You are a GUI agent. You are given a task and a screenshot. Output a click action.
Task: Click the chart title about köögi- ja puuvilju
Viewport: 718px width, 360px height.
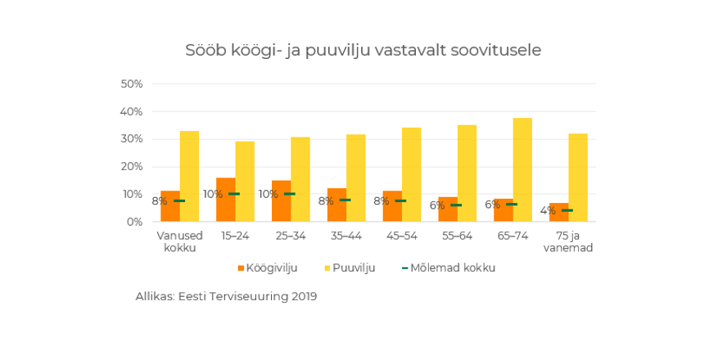(x=363, y=51)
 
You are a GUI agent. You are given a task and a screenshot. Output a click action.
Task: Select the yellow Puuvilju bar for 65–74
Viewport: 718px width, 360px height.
(x=522, y=169)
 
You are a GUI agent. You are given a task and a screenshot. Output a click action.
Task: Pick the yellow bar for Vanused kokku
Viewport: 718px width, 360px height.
(x=189, y=176)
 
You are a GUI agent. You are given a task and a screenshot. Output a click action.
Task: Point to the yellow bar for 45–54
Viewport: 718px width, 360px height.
(x=411, y=174)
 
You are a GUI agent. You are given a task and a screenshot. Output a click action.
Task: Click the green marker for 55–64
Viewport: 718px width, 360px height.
(x=456, y=205)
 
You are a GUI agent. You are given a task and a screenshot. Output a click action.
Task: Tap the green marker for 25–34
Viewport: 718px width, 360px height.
(x=289, y=194)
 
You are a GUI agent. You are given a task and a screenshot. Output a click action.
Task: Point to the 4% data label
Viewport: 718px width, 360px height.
(x=548, y=211)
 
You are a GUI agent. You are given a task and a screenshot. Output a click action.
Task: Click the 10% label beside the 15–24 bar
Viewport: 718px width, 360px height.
(x=213, y=195)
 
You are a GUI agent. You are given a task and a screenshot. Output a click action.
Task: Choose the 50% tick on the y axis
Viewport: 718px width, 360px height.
(x=132, y=84)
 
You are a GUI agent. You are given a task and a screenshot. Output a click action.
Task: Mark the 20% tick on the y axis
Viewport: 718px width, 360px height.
(x=132, y=167)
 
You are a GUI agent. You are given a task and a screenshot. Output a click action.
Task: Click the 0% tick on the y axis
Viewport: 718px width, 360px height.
(x=134, y=222)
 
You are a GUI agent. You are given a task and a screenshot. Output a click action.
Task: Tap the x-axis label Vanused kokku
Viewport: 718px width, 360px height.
(x=179, y=242)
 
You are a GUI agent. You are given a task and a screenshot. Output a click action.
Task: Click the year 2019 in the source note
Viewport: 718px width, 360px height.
(x=304, y=297)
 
